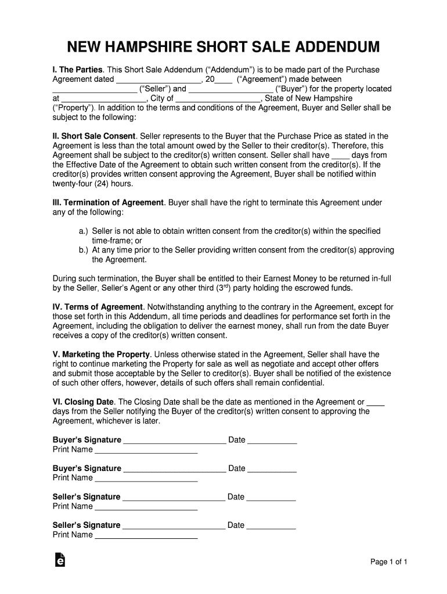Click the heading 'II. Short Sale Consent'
[x=95, y=136]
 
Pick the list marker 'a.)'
[x=84, y=231]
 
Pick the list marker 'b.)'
[x=84, y=250]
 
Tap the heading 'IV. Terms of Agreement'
[x=98, y=307]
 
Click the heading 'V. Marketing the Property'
[x=102, y=354]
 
